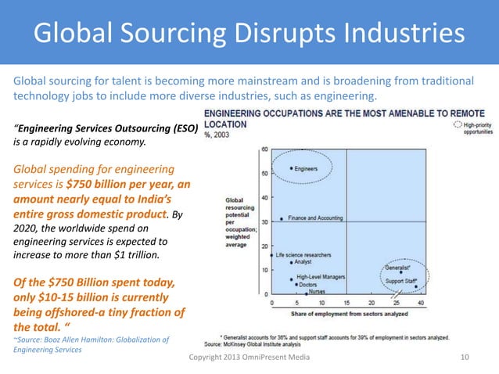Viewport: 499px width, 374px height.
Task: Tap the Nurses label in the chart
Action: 317,292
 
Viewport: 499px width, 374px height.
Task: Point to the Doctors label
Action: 312,284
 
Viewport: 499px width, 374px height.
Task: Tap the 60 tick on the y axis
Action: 265,149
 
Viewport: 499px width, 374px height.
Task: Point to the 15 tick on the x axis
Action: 346,303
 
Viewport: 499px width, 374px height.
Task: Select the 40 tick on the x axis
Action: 421,303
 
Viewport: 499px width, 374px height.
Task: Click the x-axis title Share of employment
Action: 345,314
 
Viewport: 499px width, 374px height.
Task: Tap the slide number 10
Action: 466,357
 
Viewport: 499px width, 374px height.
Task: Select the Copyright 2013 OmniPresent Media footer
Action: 249,357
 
